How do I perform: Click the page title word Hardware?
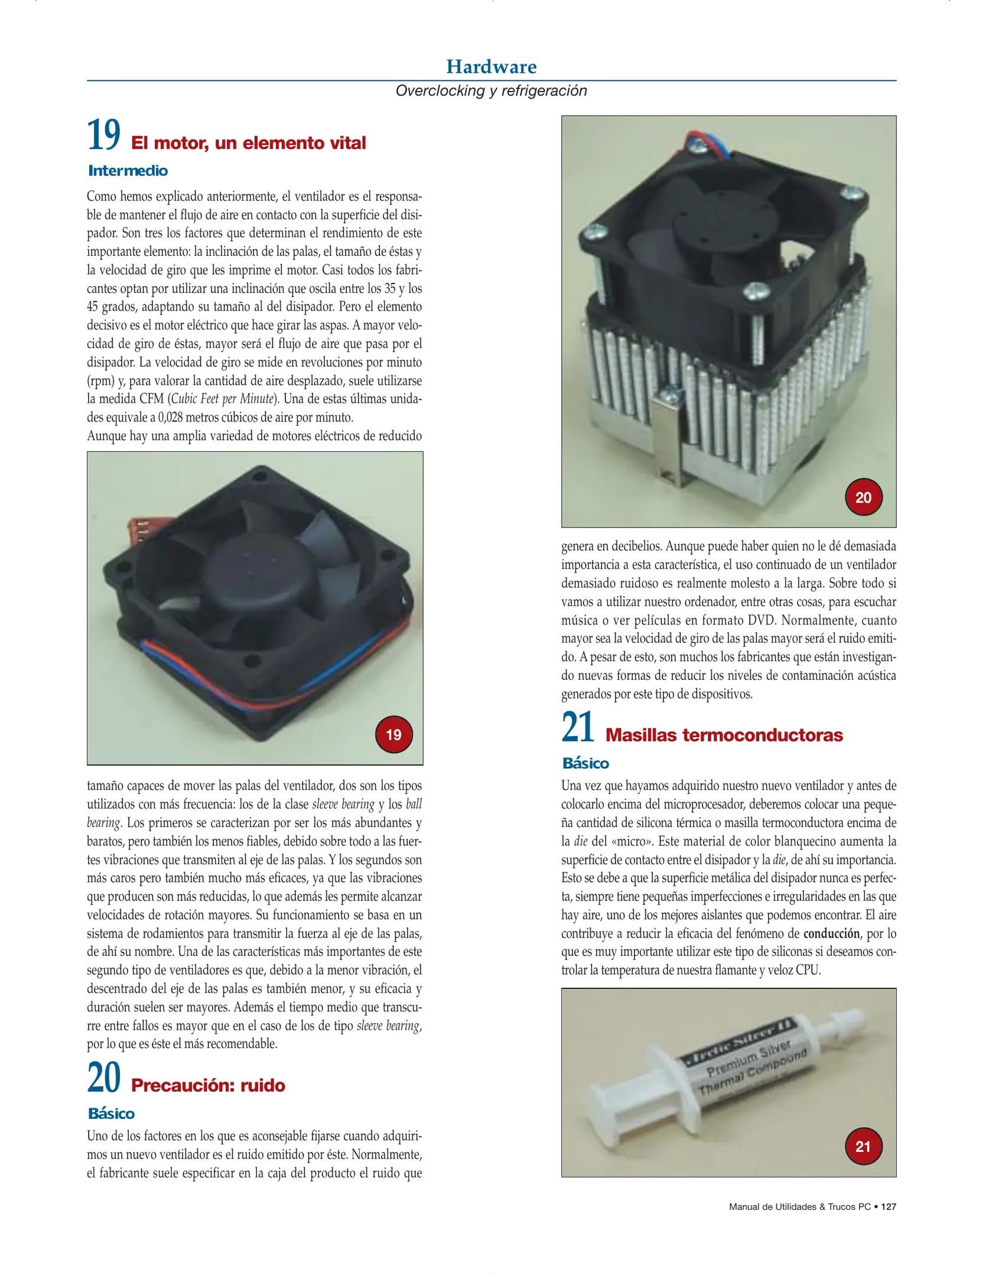[492, 66]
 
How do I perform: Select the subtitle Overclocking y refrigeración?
[492, 90]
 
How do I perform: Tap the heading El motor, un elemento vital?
[248, 143]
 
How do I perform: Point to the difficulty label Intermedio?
[128, 171]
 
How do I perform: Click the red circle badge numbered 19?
[393, 734]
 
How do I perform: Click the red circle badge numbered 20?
[863, 497]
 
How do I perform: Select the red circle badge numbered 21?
[863, 1146]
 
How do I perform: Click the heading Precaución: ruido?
[208, 1085]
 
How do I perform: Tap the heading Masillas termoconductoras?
[724, 735]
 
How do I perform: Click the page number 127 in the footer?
[889, 1206]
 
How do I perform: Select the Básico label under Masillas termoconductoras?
[585, 763]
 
